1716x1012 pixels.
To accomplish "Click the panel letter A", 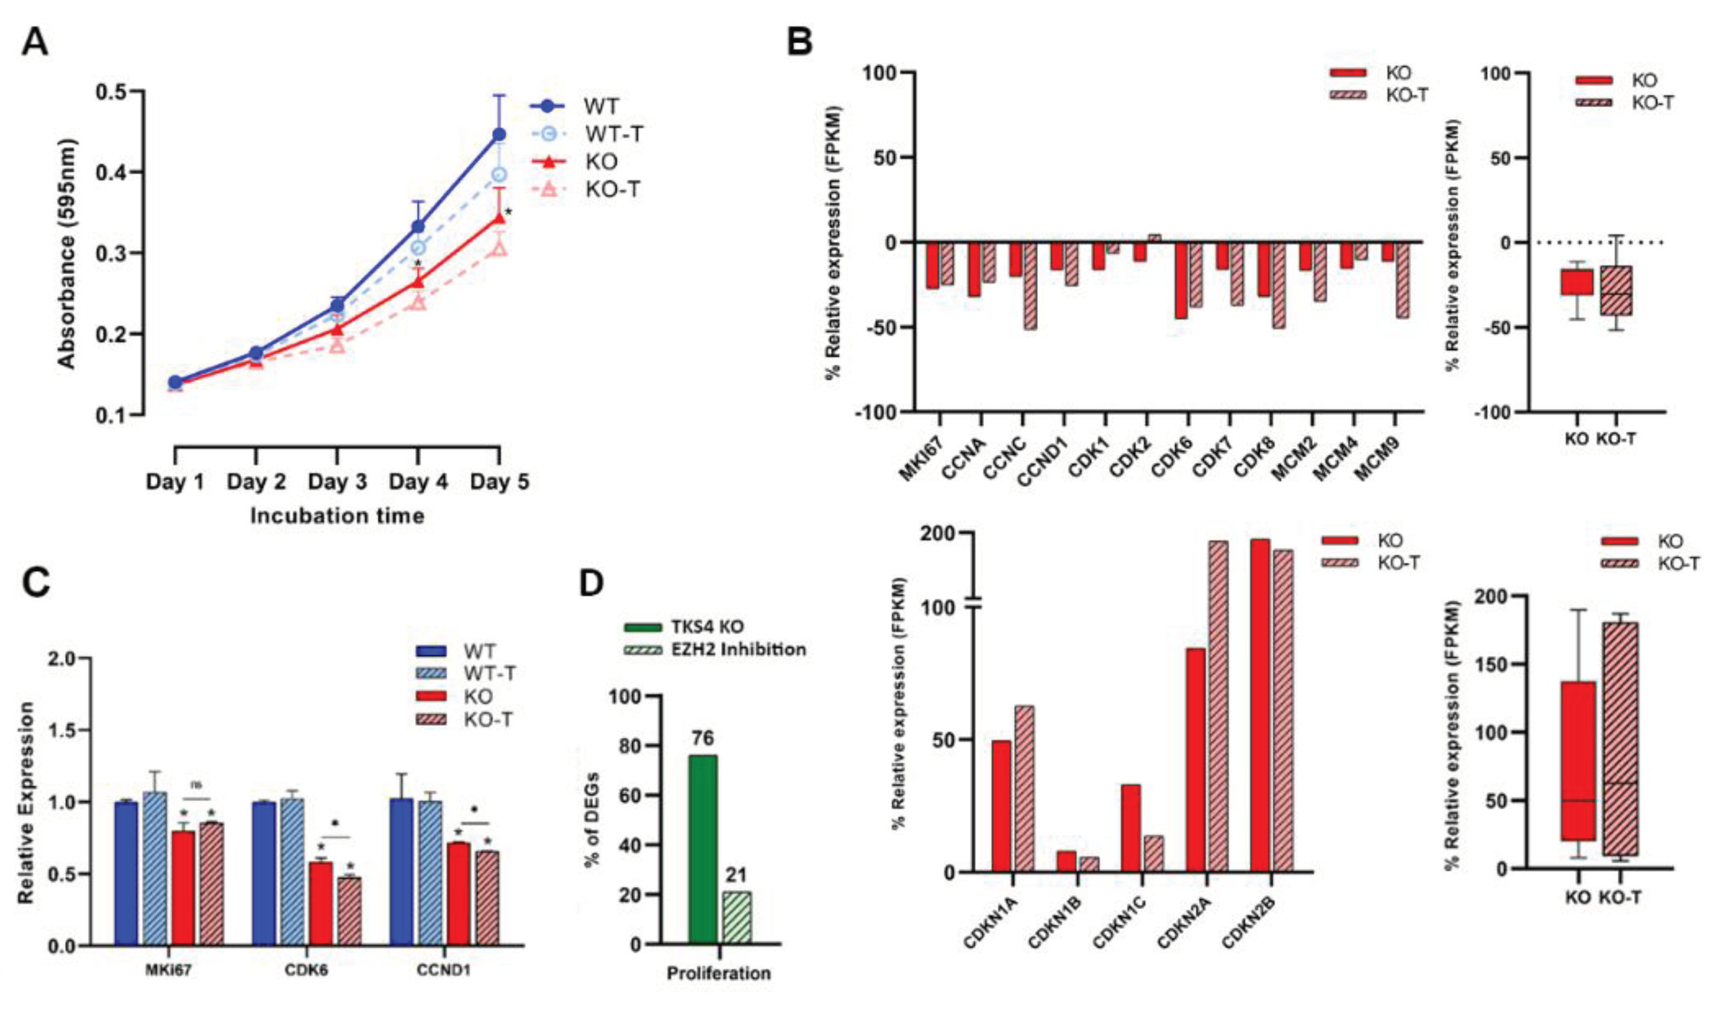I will (36, 42).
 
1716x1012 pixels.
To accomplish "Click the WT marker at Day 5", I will (500, 134).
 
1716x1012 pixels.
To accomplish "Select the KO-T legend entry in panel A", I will (612, 189).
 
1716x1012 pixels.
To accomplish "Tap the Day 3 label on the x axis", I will (337, 482).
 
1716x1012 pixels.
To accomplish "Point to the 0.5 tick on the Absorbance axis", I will (114, 92).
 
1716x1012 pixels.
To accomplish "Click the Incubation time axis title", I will (337, 516).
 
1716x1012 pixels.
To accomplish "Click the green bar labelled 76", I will (703, 849).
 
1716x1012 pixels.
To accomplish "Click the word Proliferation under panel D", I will (718, 973).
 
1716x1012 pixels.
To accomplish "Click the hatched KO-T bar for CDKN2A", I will (1218, 707).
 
